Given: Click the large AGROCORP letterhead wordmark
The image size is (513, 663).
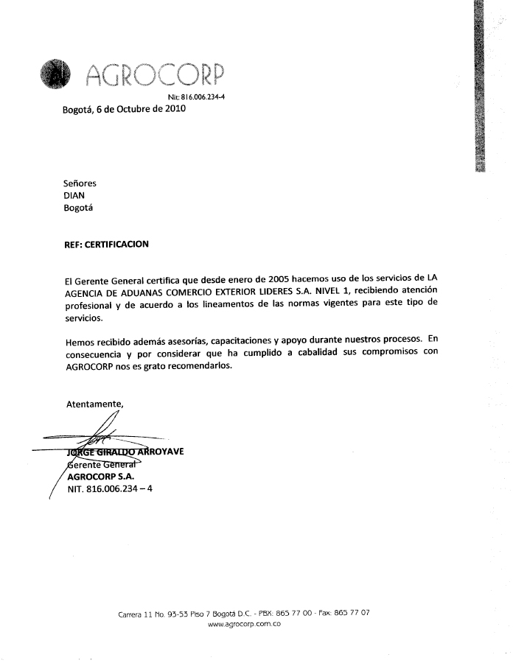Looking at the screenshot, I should [155, 74].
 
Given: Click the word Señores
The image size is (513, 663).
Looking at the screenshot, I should [80, 183].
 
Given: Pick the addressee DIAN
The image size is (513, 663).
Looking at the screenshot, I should [75, 195].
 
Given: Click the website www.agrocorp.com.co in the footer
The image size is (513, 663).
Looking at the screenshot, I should [245, 625].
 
